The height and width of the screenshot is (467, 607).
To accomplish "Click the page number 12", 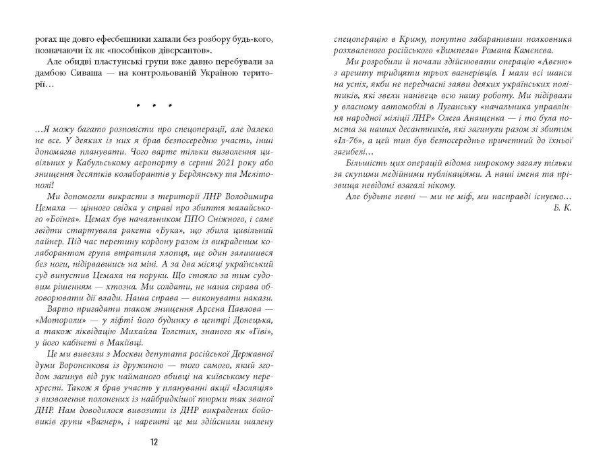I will tap(154, 442).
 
